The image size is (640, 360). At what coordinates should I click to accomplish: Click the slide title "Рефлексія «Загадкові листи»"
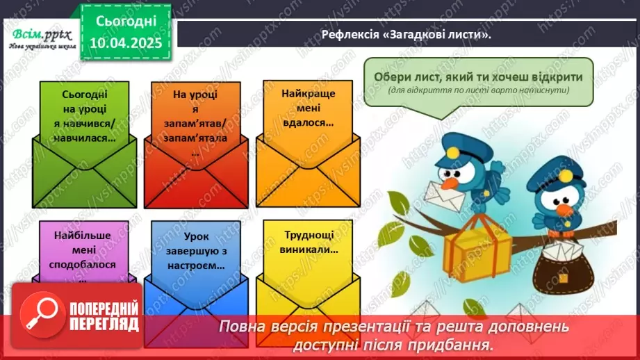(406, 33)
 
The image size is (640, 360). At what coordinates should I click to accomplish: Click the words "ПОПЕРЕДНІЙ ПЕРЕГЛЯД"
(104, 317)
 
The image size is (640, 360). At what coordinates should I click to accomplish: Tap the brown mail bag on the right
(561, 267)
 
